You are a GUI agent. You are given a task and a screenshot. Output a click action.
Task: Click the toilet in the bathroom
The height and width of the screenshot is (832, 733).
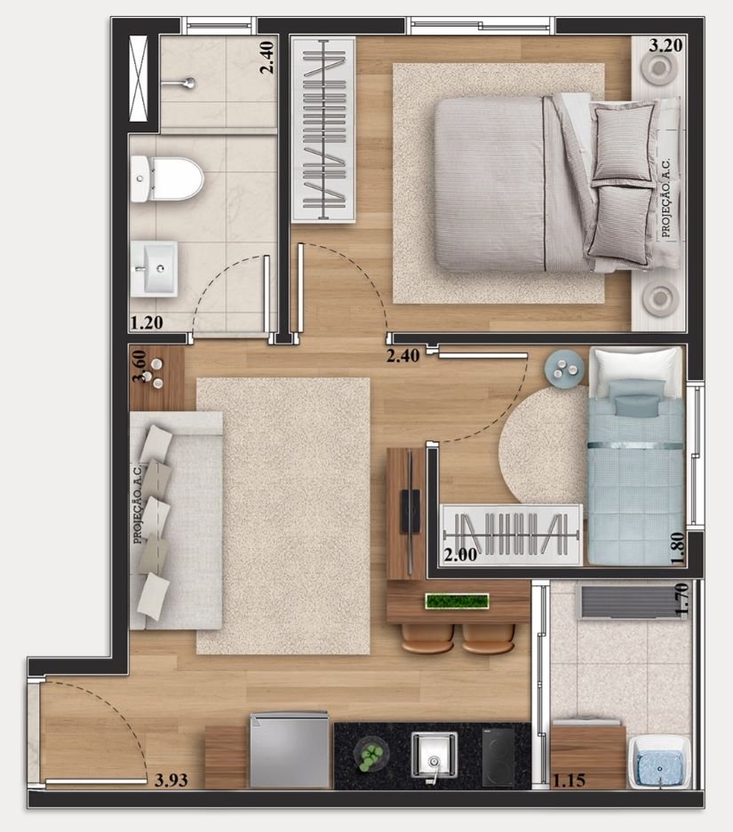click(x=167, y=178)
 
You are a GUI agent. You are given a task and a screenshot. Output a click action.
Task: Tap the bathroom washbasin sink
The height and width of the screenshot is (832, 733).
click(x=154, y=268)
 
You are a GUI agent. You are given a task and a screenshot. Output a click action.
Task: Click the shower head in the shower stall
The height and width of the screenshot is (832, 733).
click(x=180, y=83)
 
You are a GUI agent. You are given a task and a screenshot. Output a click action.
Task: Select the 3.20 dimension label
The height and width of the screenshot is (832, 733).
click(x=665, y=45)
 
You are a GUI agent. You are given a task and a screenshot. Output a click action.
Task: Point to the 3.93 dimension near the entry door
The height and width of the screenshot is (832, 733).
click(x=171, y=780)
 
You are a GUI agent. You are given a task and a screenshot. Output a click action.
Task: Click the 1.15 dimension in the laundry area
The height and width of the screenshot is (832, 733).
click(x=569, y=780)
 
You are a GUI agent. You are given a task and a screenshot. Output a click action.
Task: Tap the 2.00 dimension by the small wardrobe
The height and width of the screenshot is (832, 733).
click(x=460, y=555)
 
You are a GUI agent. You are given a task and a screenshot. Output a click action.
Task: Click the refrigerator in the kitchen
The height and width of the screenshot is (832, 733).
click(x=291, y=750)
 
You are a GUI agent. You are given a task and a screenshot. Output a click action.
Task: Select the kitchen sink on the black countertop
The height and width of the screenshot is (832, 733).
click(x=434, y=755)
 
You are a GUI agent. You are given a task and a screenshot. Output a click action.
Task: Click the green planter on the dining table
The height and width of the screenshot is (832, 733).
click(x=457, y=601)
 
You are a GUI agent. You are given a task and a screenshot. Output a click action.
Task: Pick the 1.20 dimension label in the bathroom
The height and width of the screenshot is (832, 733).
click(x=146, y=322)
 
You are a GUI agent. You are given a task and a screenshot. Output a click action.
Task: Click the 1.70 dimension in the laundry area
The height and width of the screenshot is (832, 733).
click(x=682, y=599)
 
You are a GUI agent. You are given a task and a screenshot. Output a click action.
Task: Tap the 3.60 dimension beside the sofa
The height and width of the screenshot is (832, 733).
click(x=139, y=366)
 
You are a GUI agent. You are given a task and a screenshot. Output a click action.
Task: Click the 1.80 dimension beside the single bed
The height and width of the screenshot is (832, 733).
click(x=678, y=549)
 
